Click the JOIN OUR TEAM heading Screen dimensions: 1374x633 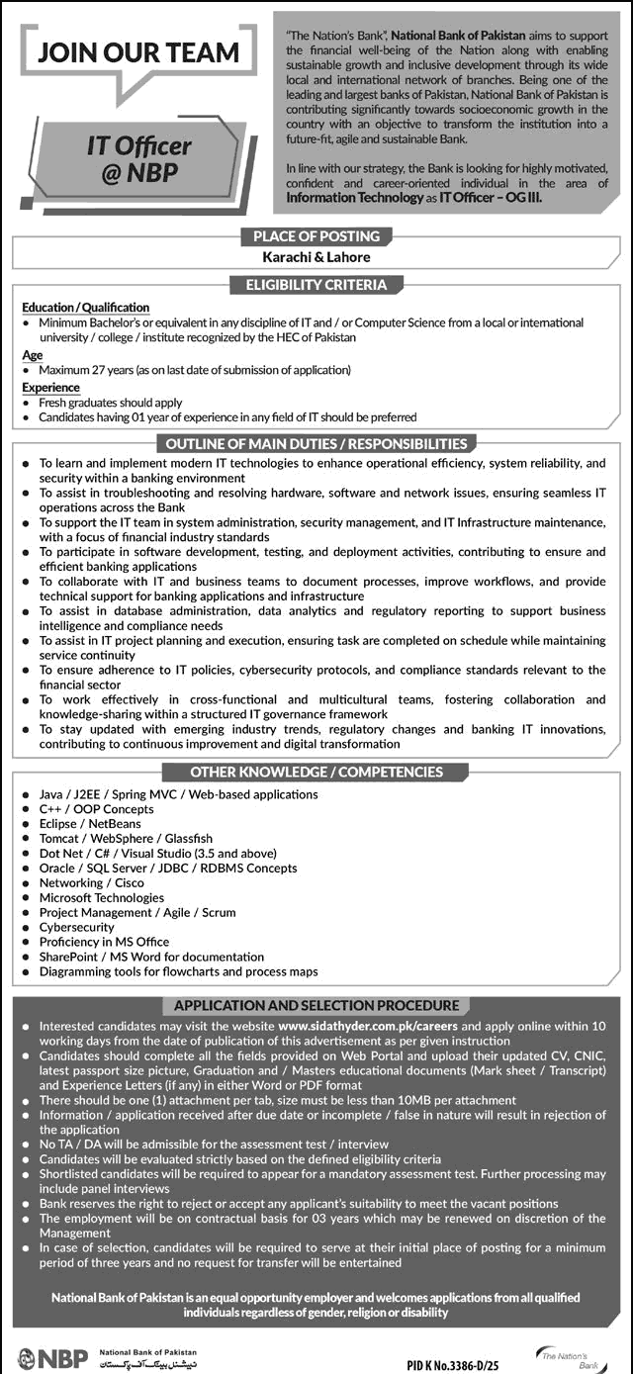tap(137, 52)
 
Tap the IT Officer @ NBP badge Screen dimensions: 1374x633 tap(138, 157)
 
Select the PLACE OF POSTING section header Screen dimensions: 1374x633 tap(316, 235)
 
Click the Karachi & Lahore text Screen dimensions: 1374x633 tap(316, 257)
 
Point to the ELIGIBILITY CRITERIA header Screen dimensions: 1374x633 tap(316, 285)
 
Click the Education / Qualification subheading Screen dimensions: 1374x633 tap(85, 308)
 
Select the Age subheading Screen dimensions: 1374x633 tap(33, 354)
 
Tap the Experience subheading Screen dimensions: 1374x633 tap(50, 388)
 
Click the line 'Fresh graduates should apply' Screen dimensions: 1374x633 tap(111, 403)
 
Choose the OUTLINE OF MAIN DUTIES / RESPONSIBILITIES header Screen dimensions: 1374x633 tap(316, 443)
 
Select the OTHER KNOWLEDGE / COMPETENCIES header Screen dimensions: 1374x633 tap(316, 772)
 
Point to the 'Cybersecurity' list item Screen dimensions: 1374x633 tap(77, 927)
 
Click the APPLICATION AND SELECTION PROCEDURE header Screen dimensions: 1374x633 tap(316, 1005)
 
